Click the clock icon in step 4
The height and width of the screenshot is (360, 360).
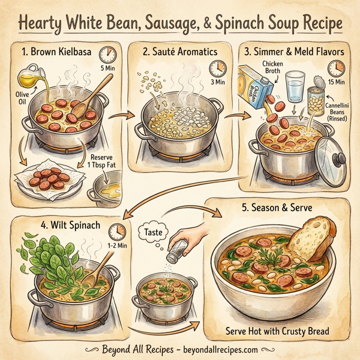(119, 230)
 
